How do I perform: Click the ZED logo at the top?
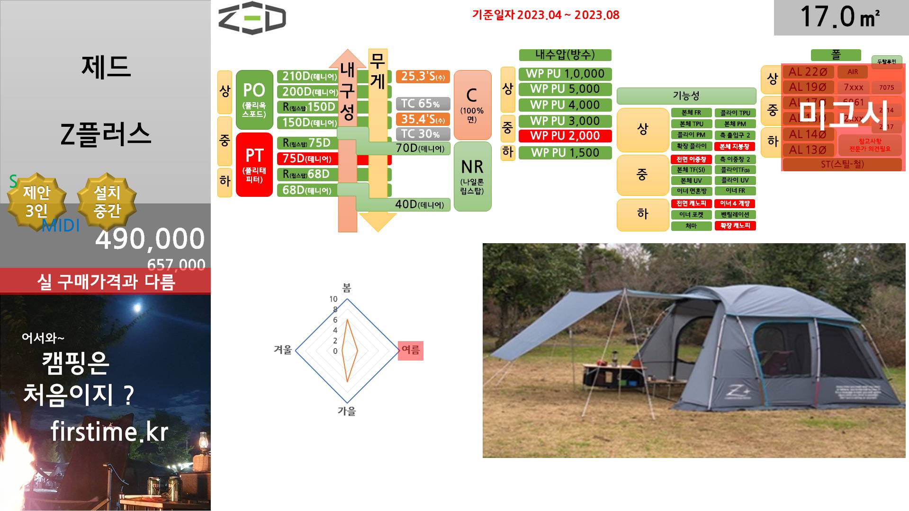(x=252, y=19)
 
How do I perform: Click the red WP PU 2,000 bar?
(x=565, y=136)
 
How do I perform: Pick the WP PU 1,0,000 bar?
(x=565, y=74)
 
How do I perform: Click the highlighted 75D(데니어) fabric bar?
(x=307, y=159)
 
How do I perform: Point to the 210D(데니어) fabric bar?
(x=307, y=76)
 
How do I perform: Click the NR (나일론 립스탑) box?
(x=472, y=176)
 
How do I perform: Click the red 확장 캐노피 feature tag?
(x=735, y=226)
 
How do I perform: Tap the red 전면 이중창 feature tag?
(x=691, y=159)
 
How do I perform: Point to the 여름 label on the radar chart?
(x=410, y=350)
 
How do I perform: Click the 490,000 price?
(x=150, y=239)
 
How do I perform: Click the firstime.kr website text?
(x=109, y=432)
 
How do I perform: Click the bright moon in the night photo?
(x=138, y=308)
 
